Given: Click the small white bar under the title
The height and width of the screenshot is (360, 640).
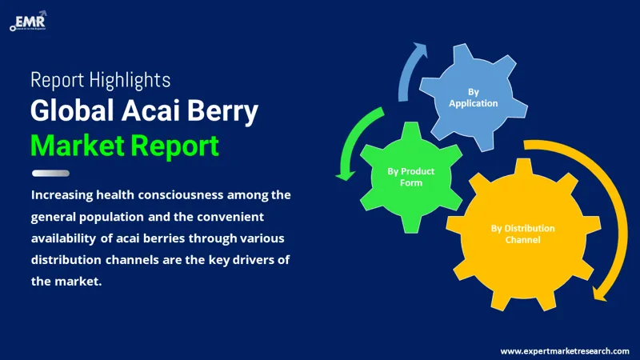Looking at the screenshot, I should click(x=50, y=173).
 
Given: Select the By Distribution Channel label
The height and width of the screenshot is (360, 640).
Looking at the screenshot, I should click(x=522, y=234).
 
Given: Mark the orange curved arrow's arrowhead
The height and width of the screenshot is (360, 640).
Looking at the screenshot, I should click(x=598, y=293).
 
